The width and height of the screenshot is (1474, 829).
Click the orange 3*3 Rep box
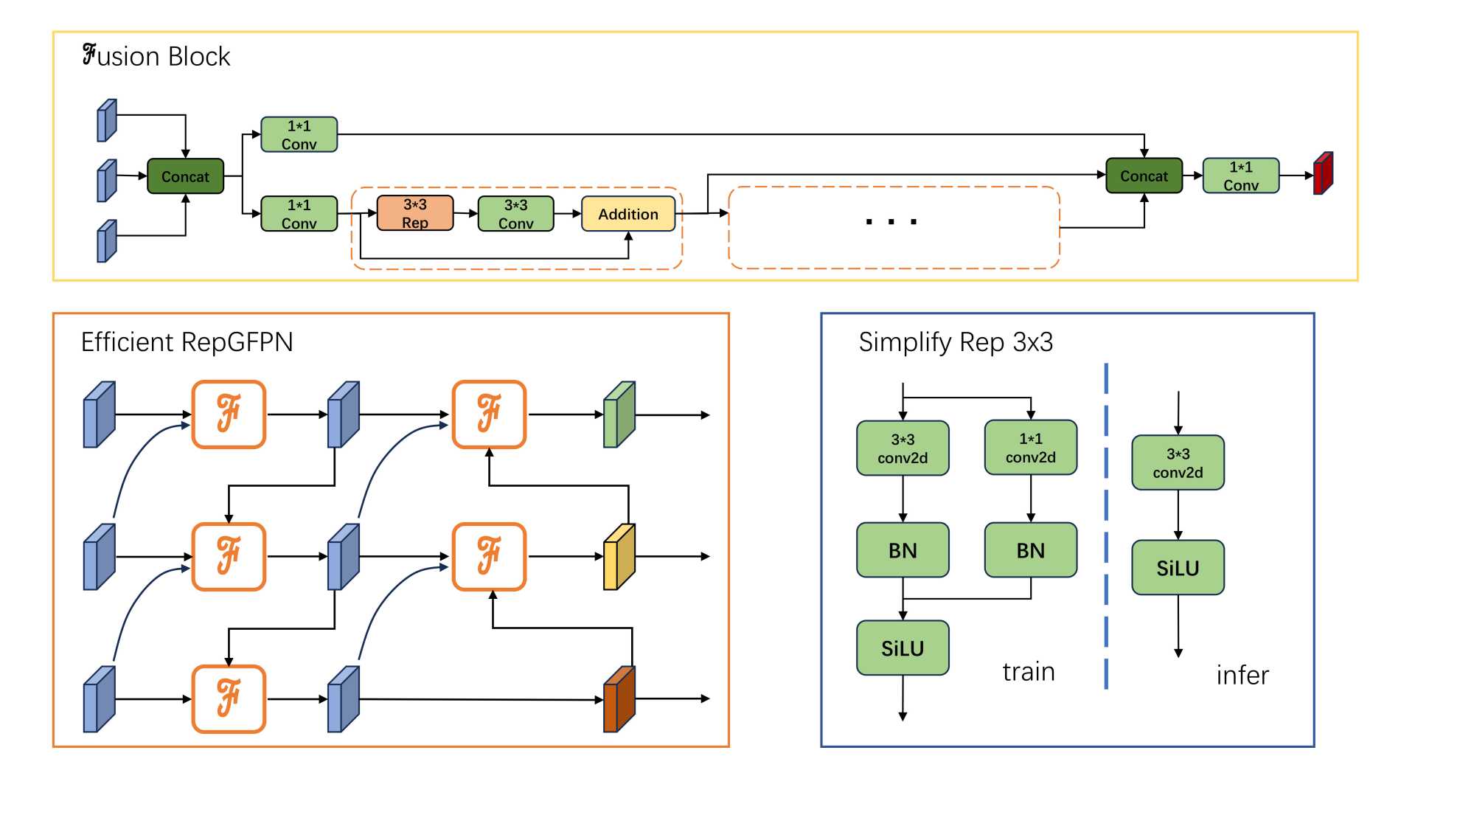[x=414, y=213]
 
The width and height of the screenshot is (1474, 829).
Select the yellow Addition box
[x=628, y=214]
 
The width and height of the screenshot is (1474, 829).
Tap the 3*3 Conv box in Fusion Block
[x=515, y=213]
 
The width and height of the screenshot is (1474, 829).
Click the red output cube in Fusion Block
[x=1323, y=174]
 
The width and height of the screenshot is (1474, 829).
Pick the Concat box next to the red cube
[x=1144, y=176]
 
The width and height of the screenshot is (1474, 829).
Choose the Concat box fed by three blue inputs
[x=185, y=176]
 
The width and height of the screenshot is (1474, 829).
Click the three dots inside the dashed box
[x=891, y=221]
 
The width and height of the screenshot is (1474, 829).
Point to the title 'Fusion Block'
[x=156, y=56]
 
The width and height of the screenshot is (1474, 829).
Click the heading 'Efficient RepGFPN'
[x=187, y=342]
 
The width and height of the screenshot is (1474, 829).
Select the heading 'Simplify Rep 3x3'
[x=955, y=342]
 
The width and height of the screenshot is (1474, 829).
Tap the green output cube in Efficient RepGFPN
[x=619, y=414]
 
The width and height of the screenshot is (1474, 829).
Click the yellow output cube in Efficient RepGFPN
[x=619, y=557]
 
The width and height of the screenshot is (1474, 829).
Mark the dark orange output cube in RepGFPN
[x=619, y=699]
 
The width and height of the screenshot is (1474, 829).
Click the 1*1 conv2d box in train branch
[x=1030, y=448]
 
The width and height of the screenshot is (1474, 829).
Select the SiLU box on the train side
[x=902, y=648]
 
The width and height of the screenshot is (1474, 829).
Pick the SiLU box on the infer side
[x=1178, y=568]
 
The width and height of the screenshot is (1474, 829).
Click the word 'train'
[x=1028, y=672]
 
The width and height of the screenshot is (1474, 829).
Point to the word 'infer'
[x=1242, y=676]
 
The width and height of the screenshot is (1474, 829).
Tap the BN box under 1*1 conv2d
[x=1030, y=550]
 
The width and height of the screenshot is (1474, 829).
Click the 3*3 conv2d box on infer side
[x=1178, y=462]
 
